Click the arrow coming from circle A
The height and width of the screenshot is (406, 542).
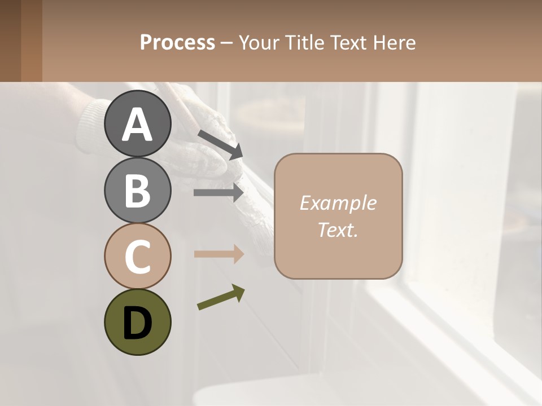(220, 144)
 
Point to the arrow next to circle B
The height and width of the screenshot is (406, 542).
(218, 193)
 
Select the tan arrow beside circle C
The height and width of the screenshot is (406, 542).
(218, 254)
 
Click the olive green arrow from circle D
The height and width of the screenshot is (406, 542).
(221, 298)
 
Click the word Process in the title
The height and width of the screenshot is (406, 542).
(177, 43)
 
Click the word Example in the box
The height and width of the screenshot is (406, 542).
(338, 203)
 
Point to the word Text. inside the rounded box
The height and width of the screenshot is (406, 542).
(338, 230)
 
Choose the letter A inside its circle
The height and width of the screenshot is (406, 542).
(137, 125)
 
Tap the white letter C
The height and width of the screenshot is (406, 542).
(137, 257)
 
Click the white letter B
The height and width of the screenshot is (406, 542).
(137, 191)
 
